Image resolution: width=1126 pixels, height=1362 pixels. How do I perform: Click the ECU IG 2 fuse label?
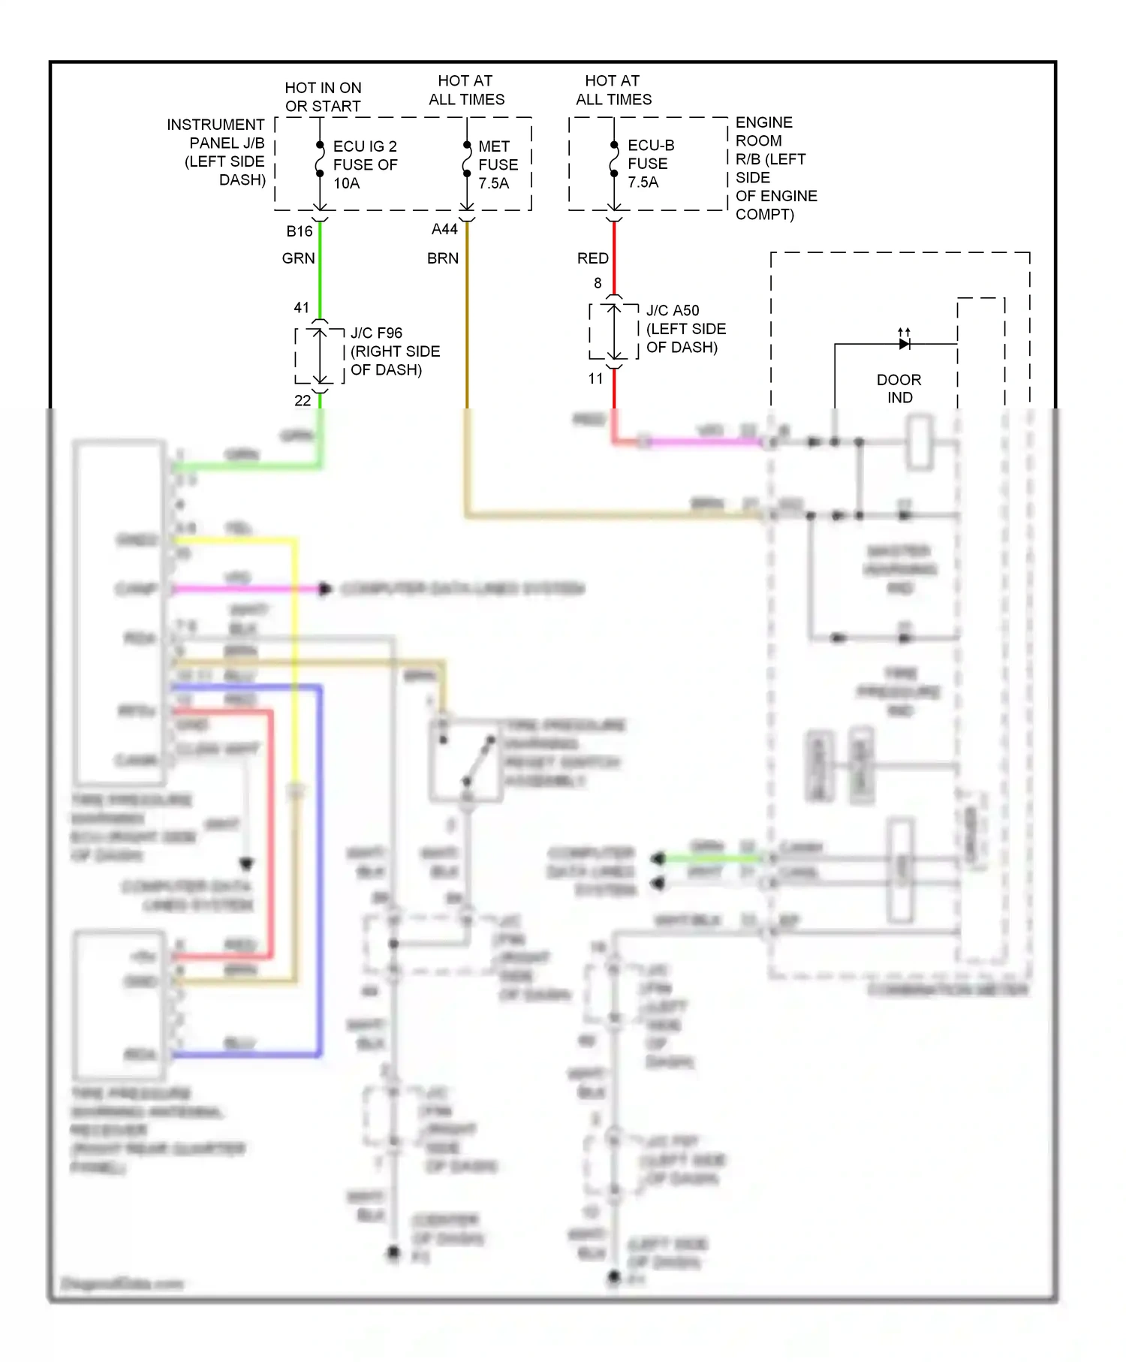pyautogui.click(x=365, y=164)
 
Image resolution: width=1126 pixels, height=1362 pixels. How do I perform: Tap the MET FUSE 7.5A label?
pyautogui.click(x=498, y=164)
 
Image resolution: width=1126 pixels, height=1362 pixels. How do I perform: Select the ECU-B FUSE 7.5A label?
pyautogui.click(x=650, y=164)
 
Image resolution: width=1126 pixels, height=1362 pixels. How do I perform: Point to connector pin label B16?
pyautogui.click(x=299, y=231)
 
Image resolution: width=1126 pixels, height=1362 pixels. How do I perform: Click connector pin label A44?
pyautogui.click(x=444, y=229)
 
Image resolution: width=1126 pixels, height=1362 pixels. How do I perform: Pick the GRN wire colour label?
pyautogui.click(x=298, y=258)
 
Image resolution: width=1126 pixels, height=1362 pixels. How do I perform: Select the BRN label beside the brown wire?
pyautogui.click(x=443, y=258)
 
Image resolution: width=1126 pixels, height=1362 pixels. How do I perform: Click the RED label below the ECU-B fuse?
pyautogui.click(x=592, y=258)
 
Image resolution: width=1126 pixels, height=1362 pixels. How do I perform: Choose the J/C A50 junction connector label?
pyautogui.click(x=685, y=329)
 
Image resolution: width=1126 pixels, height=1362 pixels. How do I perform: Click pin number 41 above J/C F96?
pyautogui.click(x=301, y=308)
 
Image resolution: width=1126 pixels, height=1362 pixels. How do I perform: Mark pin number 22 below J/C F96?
pyautogui.click(x=303, y=401)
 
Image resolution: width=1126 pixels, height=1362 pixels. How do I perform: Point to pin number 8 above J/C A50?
pyautogui.click(x=598, y=283)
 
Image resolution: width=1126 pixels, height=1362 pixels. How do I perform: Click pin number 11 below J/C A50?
pyautogui.click(x=595, y=379)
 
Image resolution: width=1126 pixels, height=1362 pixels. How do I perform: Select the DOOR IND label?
pyautogui.click(x=899, y=388)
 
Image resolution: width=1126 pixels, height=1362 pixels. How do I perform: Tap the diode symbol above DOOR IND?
pyautogui.click(x=905, y=344)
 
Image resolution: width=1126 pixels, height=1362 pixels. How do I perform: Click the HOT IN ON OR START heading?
pyautogui.click(x=323, y=97)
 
